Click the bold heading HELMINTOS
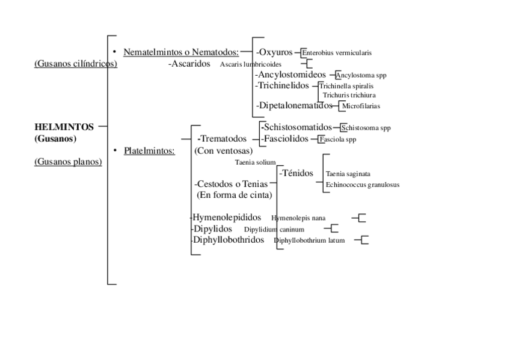pos(64,127)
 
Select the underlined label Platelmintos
pos(149,150)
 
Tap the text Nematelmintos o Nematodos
pos(181,52)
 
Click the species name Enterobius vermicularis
pos(337,53)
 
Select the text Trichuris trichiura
pos(349,95)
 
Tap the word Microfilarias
pos(361,106)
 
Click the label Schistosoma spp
pos(366,128)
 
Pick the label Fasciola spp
pos(337,139)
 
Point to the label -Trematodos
pos(223,139)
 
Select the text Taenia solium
pos(255,162)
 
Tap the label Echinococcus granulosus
pos(362,185)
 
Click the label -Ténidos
pos(296,173)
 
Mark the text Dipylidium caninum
pos(274,229)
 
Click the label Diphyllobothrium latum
pos(309,240)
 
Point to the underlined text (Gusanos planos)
pos(68,161)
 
